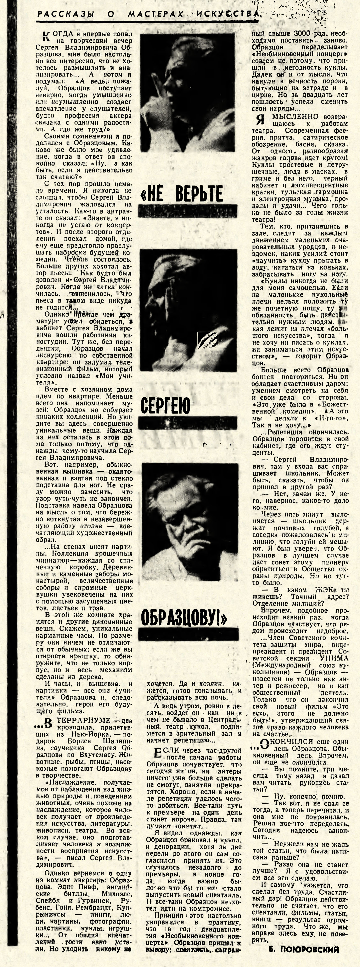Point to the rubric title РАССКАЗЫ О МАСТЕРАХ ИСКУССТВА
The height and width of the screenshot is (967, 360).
point(148,14)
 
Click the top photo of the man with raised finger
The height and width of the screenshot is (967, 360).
point(187,92)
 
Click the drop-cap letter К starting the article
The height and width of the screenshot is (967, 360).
point(47,36)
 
